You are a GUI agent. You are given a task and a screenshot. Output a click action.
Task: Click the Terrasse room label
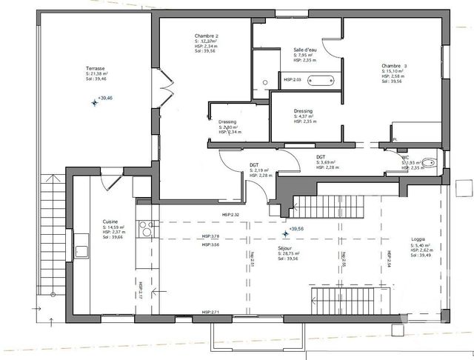98,68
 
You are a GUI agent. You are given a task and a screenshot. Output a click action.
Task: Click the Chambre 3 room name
395,65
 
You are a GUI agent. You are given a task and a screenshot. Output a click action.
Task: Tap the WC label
405,157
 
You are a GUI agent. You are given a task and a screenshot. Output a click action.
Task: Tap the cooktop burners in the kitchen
146,230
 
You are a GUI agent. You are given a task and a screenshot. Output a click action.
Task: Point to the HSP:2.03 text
293,79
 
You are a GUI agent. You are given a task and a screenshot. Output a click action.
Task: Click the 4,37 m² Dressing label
305,116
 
